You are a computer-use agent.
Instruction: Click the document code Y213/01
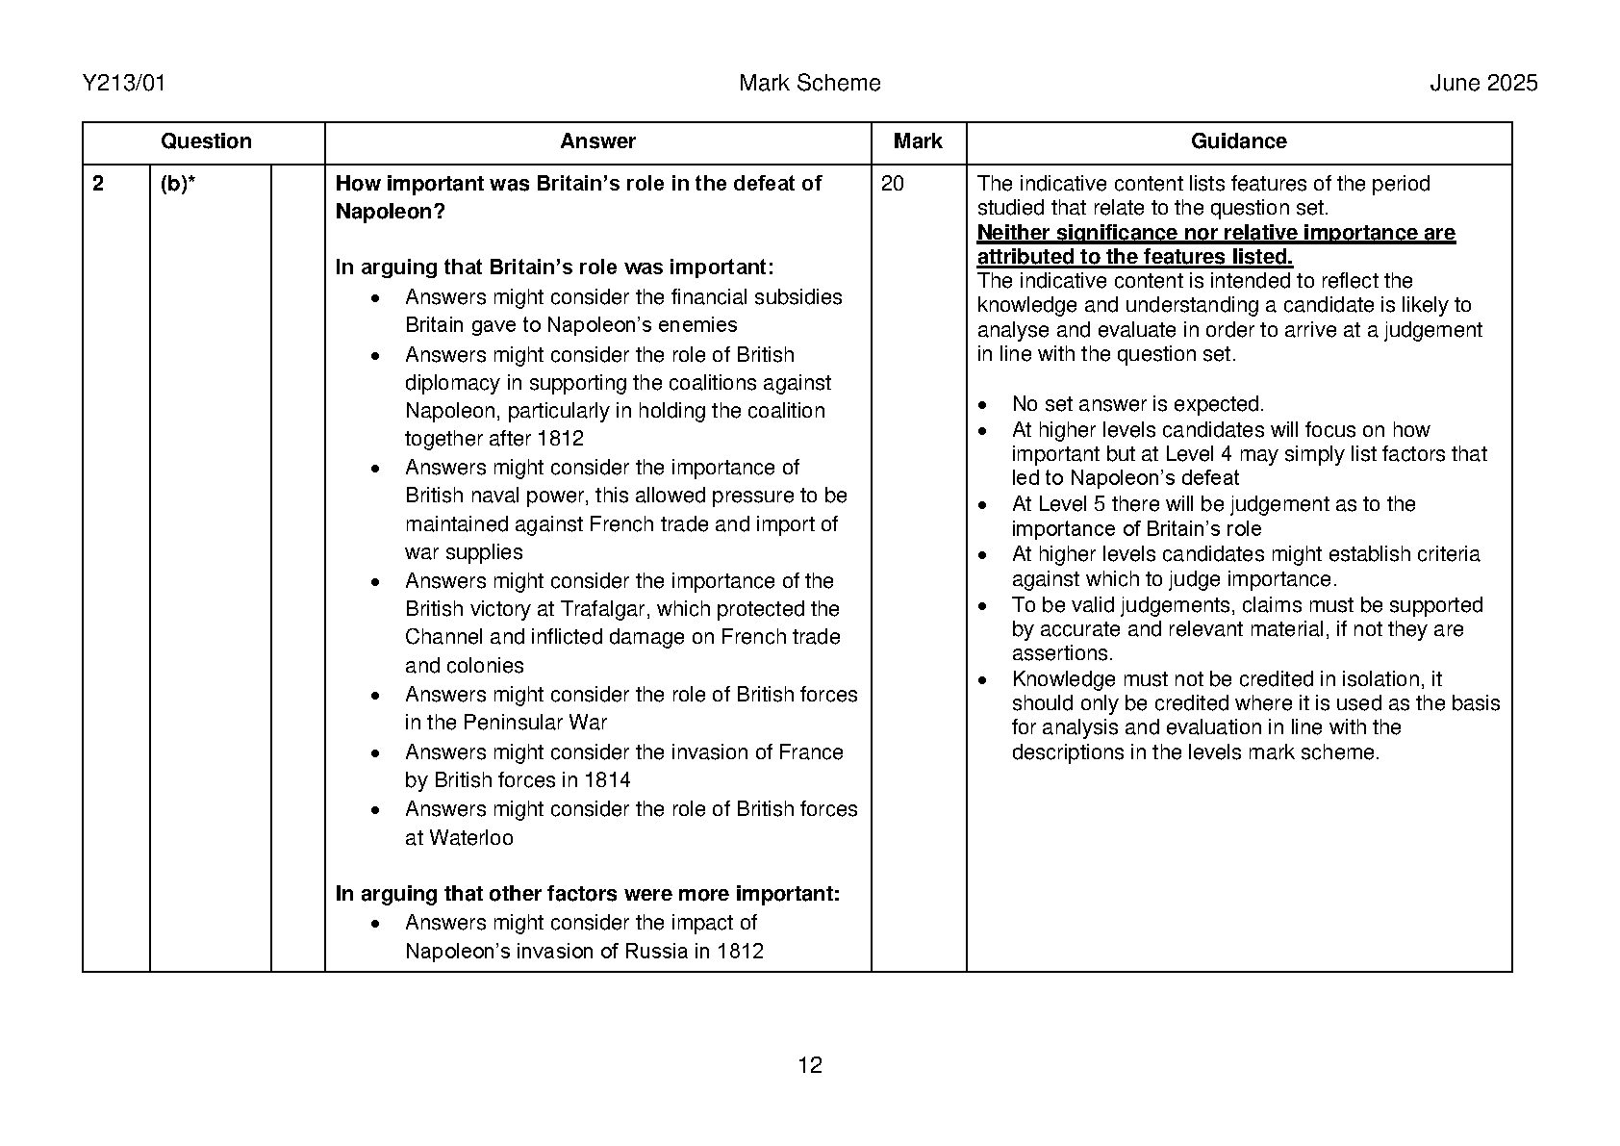click(x=124, y=84)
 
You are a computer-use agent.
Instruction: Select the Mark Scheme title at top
click(x=809, y=84)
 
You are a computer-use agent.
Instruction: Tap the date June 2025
click(x=1482, y=84)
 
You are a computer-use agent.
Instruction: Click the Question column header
click(x=205, y=141)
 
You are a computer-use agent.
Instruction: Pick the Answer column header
click(x=597, y=141)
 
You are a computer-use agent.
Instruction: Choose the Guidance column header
click(x=1238, y=141)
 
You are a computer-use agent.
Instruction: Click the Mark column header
click(x=918, y=141)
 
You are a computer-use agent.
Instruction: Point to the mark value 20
click(x=893, y=184)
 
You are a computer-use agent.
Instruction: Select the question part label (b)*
click(x=178, y=184)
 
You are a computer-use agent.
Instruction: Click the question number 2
click(x=98, y=184)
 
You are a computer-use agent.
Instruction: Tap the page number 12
click(x=810, y=1065)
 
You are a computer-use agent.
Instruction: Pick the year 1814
click(x=607, y=780)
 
